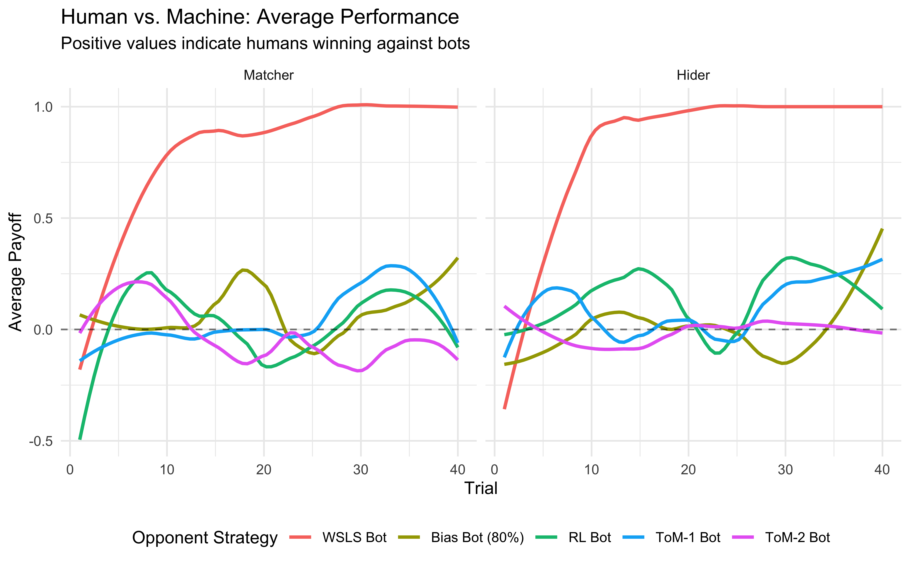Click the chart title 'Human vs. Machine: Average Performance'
260,17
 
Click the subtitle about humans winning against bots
265,44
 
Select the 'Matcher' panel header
268,75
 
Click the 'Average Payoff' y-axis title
16,272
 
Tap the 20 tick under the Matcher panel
264,470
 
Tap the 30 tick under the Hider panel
785,470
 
